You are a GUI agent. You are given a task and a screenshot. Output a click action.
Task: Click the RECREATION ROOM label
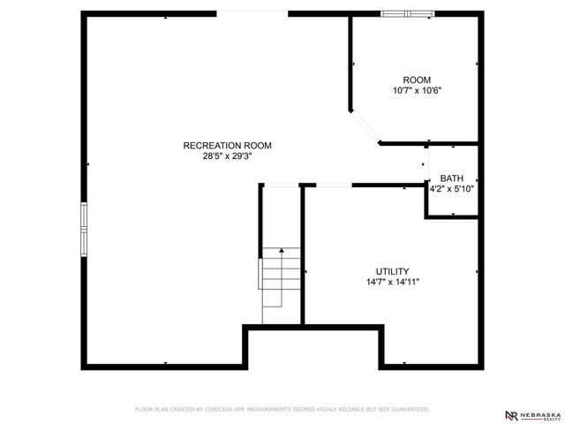(227, 146)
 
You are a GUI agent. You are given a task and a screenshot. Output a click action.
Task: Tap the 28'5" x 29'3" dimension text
(227, 156)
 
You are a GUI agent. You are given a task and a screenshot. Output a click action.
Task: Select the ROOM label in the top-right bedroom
(417, 79)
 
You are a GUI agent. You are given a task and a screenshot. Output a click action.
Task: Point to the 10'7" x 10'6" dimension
(417, 90)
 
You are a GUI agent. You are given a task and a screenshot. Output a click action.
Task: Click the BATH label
(451, 178)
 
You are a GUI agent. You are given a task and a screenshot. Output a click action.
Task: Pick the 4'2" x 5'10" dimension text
(452, 188)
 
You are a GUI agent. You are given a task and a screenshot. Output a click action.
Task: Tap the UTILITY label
(392, 272)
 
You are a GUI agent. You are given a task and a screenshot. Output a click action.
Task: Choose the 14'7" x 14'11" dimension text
(392, 283)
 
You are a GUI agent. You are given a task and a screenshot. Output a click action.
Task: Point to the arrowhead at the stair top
(282, 251)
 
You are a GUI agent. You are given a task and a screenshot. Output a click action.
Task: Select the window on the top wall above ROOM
(408, 13)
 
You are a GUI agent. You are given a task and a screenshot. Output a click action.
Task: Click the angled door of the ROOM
(365, 126)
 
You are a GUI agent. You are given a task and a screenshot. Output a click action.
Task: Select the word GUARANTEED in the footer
(409, 410)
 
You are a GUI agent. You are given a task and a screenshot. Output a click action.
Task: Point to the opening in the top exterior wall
(252, 13)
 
